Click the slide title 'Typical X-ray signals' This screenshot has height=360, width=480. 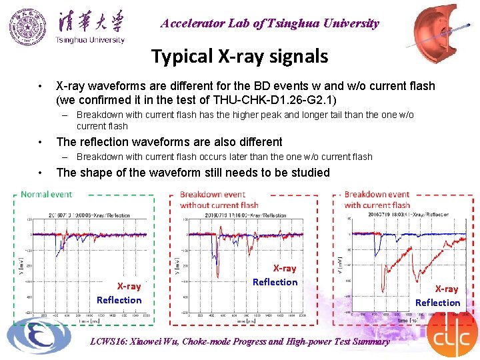click(239, 56)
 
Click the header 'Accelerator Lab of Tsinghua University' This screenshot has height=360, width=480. click(269, 23)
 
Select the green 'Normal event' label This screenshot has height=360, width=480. click(47, 195)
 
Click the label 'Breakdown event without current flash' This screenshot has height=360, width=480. click(219, 199)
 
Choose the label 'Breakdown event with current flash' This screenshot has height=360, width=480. click(377, 199)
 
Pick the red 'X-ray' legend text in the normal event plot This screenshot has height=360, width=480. click(129, 287)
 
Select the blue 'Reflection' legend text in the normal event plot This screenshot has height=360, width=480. click(119, 300)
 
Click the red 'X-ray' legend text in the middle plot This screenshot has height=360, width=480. click(284, 268)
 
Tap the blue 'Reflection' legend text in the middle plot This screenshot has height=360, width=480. click(275, 282)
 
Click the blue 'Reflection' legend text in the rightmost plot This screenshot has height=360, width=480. click(437, 303)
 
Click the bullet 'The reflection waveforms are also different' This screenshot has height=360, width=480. click(169, 142)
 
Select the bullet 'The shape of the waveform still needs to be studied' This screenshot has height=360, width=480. click(193, 173)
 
